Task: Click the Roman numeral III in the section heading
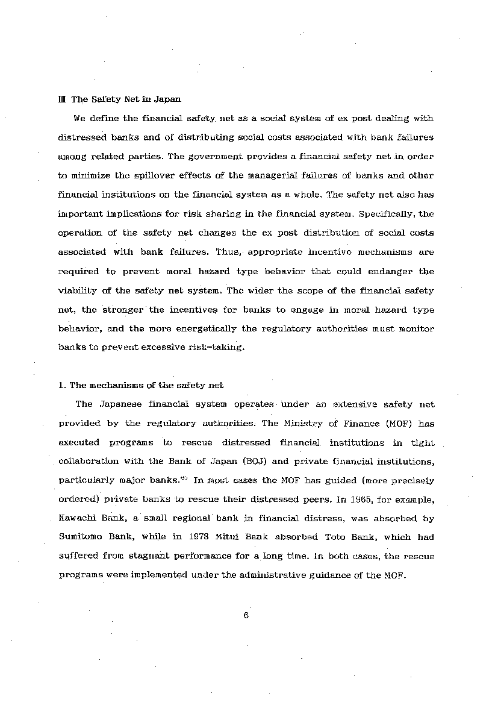click(61, 99)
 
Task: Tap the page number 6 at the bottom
click(246, 615)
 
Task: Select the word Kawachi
click(76, 518)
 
